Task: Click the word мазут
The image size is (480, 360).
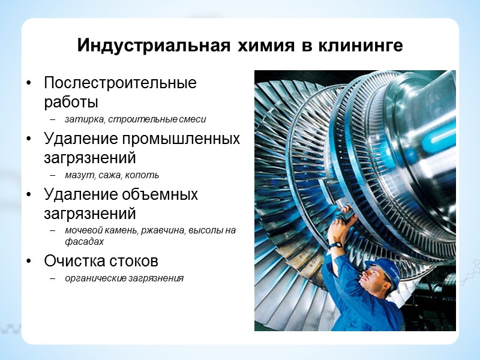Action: (77, 175)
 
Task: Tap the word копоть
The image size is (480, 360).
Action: (145, 175)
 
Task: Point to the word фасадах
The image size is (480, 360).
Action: (85, 241)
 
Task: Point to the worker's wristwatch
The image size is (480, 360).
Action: (337, 245)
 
